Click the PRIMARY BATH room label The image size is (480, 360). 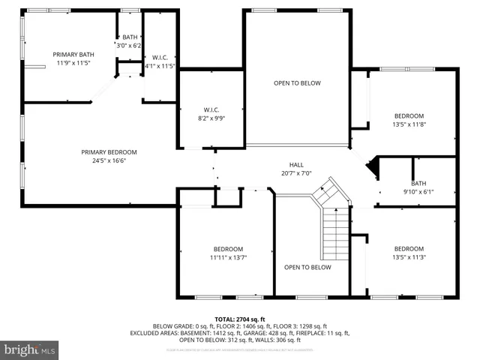pyautogui.click(x=72, y=54)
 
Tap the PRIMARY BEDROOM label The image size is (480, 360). pyautogui.click(x=109, y=152)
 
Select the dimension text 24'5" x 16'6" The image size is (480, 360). pyautogui.click(x=109, y=160)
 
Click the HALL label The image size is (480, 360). pyautogui.click(x=296, y=165)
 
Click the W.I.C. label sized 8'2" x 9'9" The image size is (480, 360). pyautogui.click(x=211, y=109)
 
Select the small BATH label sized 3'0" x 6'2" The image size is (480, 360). pyautogui.click(x=130, y=37)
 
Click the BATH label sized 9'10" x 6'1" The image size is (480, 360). pyautogui.click(x=418, y=184)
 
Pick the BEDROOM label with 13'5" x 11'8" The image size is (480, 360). pyautogui.click(x=409, y=115)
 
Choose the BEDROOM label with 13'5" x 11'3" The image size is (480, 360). pyautogui.click(x=409, y=249)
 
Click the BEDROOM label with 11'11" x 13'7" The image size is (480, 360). pyautogui.click(x=228, y=249)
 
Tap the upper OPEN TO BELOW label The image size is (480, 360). pyautogui.click(x=297, y=83)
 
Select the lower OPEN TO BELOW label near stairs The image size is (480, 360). pyautogui.click(x=307, y=267)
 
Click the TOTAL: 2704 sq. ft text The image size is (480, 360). pyautogui.click(x=240, y=319)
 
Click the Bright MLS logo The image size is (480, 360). pyautogui.click(x=29, y=349)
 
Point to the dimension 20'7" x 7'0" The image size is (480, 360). pyautogui.click(x=296, y=173)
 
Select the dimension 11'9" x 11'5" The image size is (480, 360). pyautogui.click(x=72, y=63)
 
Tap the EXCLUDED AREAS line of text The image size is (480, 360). pyautogui.click(x=240, y=332)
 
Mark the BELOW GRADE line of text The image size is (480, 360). pyautogui.click(x=240, y=325)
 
